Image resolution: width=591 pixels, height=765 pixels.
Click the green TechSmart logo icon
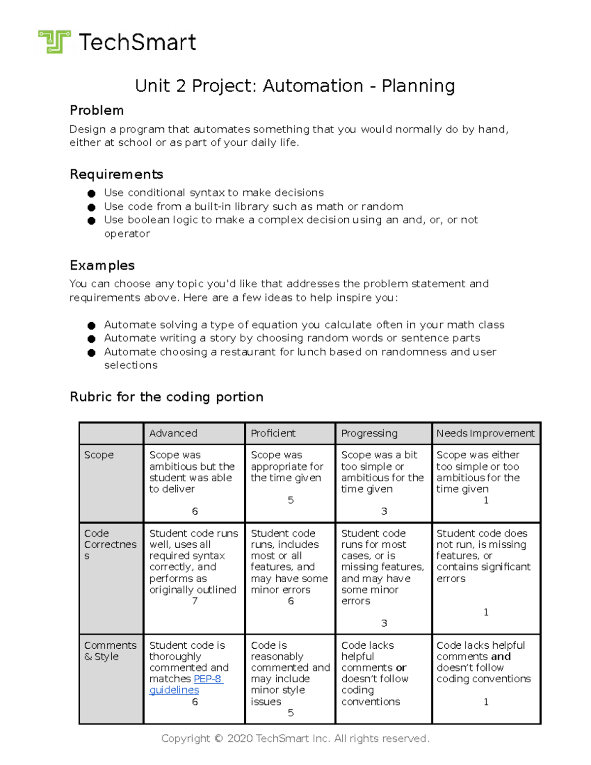pyautogui.click(x=54, y=41)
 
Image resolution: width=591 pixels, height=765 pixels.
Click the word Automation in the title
pyautogui.click(x=313, y=86)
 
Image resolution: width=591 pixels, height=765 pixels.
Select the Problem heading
pyautogui.click(x=97, y=110)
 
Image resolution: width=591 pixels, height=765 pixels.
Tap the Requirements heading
pyautogui.click(x=116, y=174)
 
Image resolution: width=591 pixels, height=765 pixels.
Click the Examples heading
pyautogui.click(x=102, y=266)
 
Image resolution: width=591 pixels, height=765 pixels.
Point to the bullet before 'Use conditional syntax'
pyautogui.click(x=91, y=194)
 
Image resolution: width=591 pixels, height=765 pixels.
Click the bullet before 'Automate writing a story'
pyautogui.click(x=91, y=339)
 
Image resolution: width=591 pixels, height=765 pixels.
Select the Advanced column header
pyautogui.click(x=173, y=433)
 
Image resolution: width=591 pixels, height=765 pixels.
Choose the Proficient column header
pyautogui.click(x=273, y=433)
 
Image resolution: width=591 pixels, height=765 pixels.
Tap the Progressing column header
pyautogui.click(x=369, y=433)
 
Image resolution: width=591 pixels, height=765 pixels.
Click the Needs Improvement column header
pyautogui.click(x=485, y=433)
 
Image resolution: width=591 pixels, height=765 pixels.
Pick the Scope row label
pyautogui.click(x=98, y=455)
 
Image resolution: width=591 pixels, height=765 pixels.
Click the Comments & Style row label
pyautogui.click(x=110, y=651)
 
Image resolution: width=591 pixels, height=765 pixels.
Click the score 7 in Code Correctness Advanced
pyautogui.click(x=195, y=601)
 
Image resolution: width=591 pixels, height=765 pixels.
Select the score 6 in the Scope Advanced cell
pyautogui.click(x=195, y=511)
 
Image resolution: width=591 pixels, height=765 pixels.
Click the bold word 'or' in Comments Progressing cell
pyautogui.click(x=401, y=668)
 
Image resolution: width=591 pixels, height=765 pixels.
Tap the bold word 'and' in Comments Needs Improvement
pyautogui.click(x=500, y=657)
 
